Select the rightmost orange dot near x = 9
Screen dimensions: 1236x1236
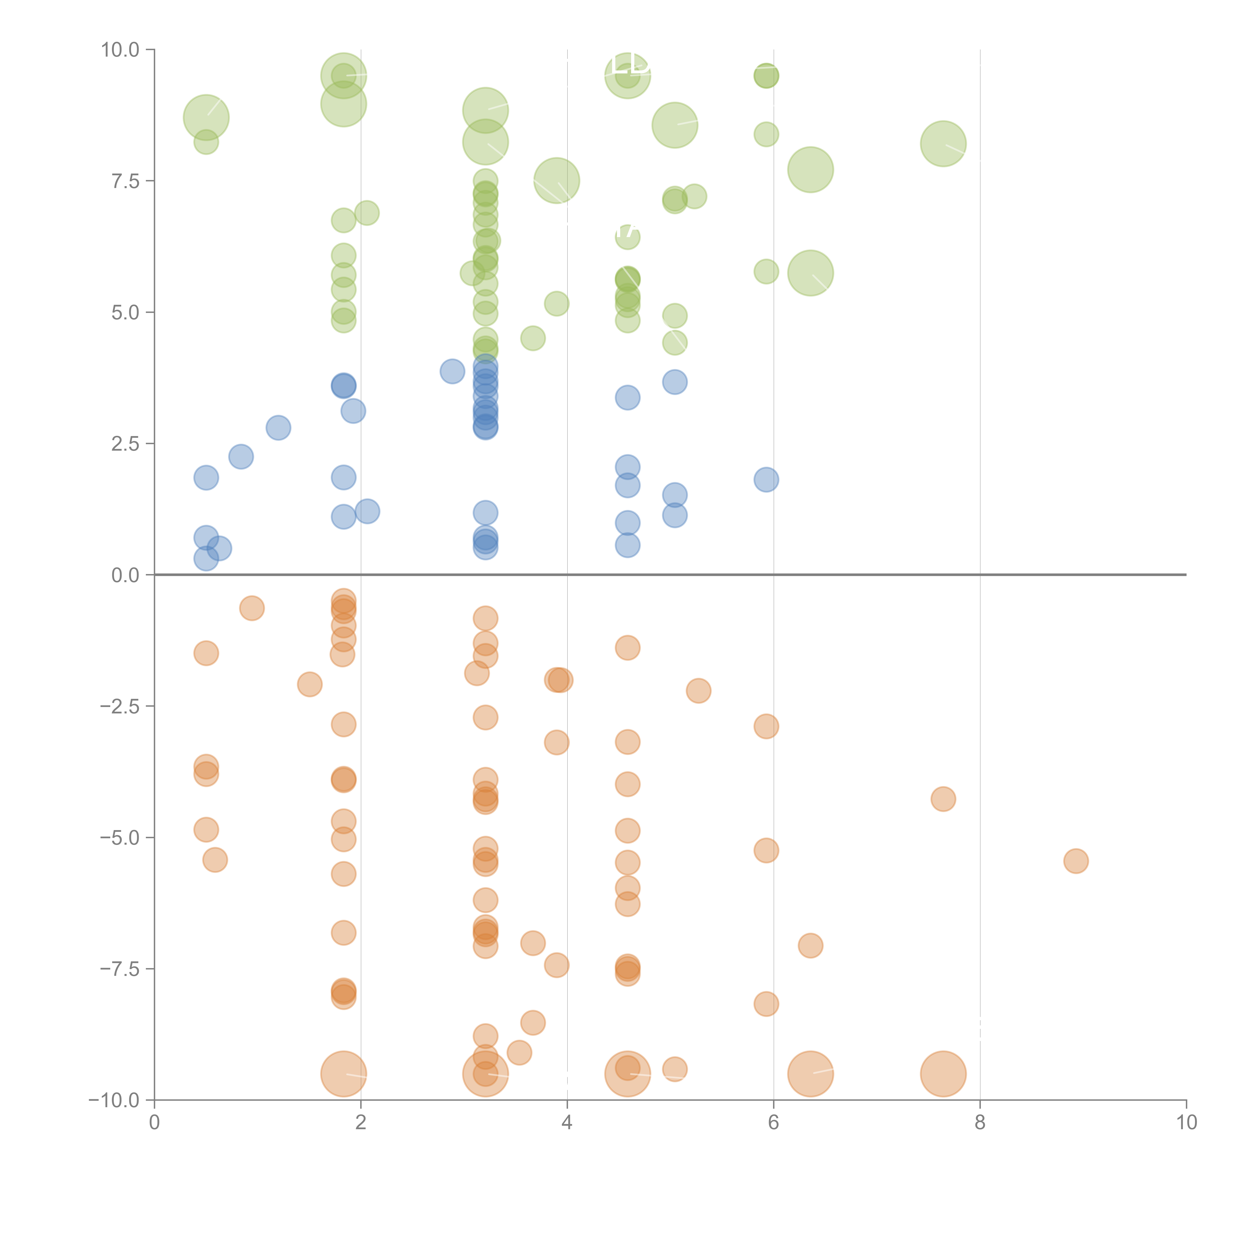(1076, 861)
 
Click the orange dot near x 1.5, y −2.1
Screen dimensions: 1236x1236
(310, 684)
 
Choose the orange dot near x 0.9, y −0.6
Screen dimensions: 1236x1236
(252, 608)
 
